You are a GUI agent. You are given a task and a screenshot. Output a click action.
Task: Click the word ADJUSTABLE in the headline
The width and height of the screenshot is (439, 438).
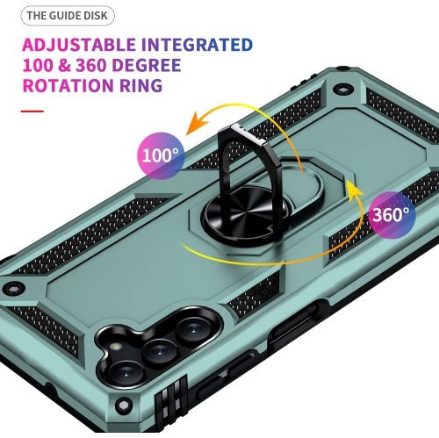point(79,45)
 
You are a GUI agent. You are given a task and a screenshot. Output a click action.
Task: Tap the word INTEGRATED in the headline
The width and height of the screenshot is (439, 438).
point(197,45)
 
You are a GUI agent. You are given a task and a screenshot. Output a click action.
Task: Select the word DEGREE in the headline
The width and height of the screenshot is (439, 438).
point(147,65)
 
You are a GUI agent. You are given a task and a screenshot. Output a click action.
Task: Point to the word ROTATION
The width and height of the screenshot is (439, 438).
point(68,85)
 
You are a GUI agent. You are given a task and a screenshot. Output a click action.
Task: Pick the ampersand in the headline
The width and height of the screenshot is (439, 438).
point(64,65)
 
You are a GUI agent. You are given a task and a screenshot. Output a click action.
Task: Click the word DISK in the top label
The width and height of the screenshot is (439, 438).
point(96,16)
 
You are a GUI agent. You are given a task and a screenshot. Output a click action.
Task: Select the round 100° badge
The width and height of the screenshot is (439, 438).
point(161,155)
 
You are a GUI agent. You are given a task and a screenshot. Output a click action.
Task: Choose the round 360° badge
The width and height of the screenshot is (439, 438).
point(392,215)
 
